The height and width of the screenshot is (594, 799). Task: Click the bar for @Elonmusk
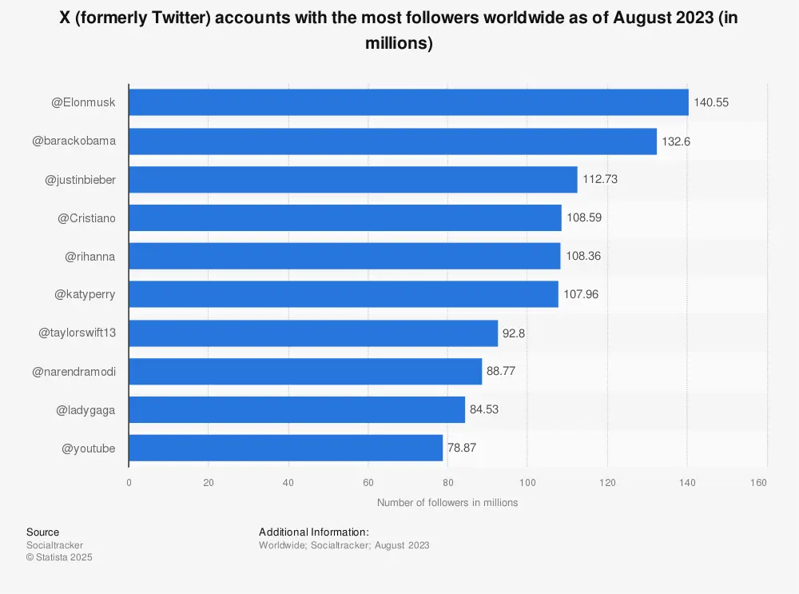pyautogui.click(x=408, y=102)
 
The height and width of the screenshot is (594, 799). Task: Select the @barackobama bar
pyautogui.click(x=392, y=141)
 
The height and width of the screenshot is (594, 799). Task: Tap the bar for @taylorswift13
pyautogui.click(x=313, y=333)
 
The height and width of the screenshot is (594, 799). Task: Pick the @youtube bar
pyautogui.click(x=285, y=448)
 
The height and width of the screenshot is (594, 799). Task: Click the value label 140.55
pyautogui.click(x=711, y=102)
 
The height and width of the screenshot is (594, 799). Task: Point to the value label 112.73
pyautogui.click(x=600, y=179)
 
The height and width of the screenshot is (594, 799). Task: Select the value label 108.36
pyautogui.click(x=583, y=256)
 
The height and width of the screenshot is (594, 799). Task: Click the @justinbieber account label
pyautogui.click(x=80, y=179)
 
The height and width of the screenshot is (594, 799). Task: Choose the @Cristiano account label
pyautogui.click(x=86, y=217)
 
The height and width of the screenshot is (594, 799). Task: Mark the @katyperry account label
pyautogui.click(x=85, y=294)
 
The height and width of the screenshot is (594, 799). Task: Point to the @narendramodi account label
pyautogui.click(x=74, y=372)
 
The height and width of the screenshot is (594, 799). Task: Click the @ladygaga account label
pyautogui.click(x=85, y=410)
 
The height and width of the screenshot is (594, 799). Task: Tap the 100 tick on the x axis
pyautogui.click(x=527, y=482)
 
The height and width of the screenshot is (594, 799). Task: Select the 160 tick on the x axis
pyautogui.click(x=759, y=482)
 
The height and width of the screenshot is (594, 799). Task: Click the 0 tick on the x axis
pyautogui.click(x=129, y=482)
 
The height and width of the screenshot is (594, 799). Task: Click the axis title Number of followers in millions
pyautogui.click(x=447, y=503)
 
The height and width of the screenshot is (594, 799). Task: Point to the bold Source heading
pyautogui.click(x=42, y=532)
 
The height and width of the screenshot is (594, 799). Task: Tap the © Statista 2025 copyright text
pyautogui.click(x=59, y=558)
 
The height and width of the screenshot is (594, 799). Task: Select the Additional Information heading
pyautogui.click(x=314, y=532)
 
